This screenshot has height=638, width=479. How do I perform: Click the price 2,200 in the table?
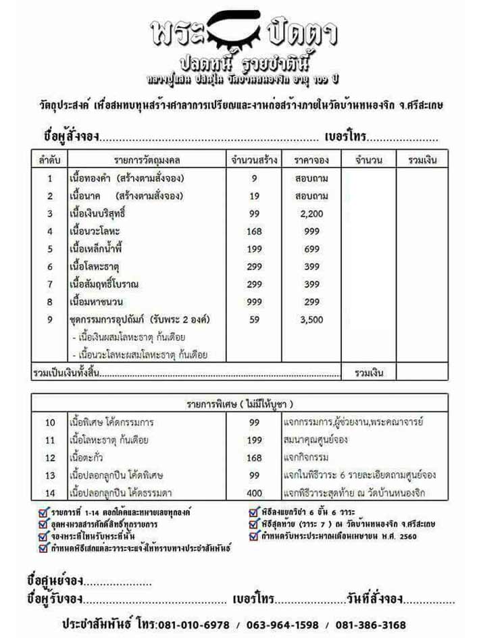(311, 213)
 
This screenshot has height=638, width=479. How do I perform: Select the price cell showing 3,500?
(311, 319)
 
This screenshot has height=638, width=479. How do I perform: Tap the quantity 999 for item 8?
(254, 301)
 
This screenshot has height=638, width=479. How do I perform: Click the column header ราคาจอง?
(311, 160)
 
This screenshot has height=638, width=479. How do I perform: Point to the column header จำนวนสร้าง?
(254, 160)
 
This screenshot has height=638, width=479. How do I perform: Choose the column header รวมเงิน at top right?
(423, 160)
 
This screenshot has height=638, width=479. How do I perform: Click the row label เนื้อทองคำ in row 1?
(91, 178)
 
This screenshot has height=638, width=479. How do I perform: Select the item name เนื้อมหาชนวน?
(95, 301)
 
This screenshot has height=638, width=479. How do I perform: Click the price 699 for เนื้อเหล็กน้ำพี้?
(311, 248)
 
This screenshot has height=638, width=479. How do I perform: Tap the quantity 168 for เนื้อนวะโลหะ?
(254, 231)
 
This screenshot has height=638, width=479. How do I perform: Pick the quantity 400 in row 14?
(254, 493)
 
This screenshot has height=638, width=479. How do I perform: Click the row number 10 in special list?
(50, 423)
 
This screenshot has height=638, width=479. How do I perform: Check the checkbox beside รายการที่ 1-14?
(44, 511)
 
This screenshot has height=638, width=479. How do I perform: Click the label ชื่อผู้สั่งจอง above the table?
(71, 136)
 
